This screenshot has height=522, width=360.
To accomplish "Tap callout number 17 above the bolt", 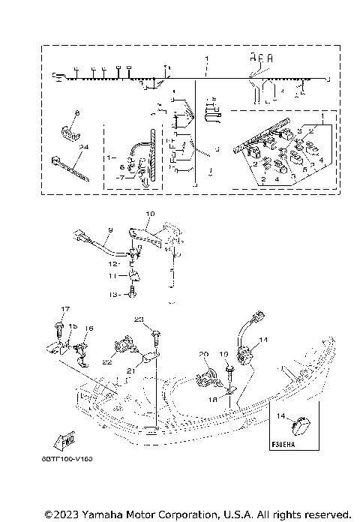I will coord(64,309).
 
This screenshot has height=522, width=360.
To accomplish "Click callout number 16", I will coord(89,328).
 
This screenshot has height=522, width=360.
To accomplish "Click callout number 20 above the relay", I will coord(202,355).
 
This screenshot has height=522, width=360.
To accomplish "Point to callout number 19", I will coord(223,355).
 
